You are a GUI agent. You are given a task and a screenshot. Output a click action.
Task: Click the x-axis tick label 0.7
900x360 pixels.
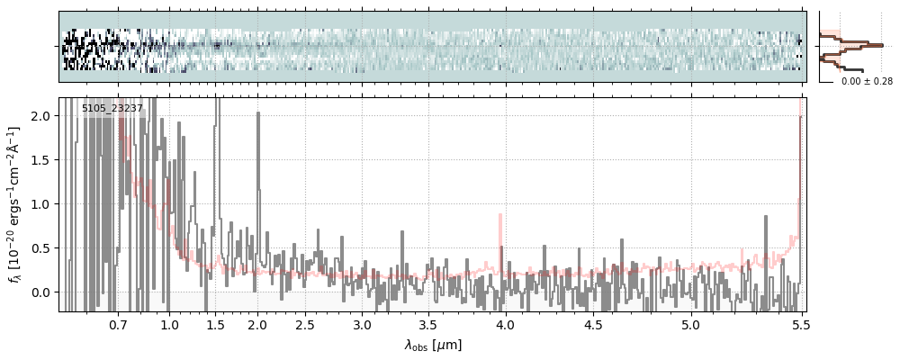118,324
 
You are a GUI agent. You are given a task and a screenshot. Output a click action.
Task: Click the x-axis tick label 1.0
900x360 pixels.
170,324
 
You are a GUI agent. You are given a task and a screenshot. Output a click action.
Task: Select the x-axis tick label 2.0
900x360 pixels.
257,324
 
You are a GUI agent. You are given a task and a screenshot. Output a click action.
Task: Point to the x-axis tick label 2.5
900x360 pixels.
305,324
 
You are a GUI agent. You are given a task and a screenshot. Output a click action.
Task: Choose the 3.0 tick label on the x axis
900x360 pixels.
362,324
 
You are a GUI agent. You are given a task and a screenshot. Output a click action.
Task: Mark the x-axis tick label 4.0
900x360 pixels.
505,324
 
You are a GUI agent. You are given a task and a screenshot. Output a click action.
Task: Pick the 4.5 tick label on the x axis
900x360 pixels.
593,324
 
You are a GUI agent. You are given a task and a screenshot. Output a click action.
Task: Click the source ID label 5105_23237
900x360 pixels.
112,109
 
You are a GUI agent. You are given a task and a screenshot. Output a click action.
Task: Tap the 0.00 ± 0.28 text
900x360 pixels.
867,82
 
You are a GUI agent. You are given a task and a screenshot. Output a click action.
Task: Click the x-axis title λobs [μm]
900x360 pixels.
433,345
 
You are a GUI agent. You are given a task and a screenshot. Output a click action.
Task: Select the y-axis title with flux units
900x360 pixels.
15,204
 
